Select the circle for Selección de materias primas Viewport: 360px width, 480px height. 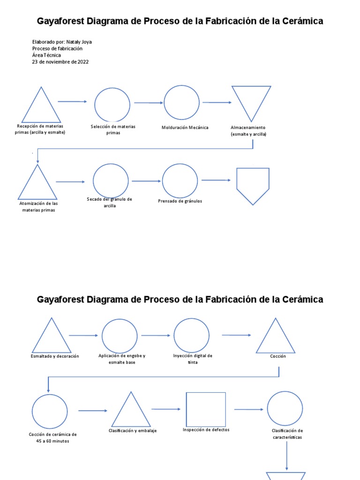[x=95, y=105]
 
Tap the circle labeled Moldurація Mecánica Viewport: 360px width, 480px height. [x=164, y=103]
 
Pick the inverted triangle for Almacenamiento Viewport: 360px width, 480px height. [x=241, y=104]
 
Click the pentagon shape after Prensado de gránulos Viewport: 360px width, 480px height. [x=237, y=179]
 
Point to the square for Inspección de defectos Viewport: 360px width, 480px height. [x=187, y=409]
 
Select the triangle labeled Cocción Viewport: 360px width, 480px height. [x=266, y=336]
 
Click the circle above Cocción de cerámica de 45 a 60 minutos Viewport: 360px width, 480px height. [x=32, y=412]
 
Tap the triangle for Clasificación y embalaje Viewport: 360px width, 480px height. [x=121, y=409]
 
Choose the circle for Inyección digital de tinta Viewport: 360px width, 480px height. [x=174, y=336]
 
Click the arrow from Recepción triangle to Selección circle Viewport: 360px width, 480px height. [x=72, y=101]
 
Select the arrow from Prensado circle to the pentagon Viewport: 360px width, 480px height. [x=216, y=180]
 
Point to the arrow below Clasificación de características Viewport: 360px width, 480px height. [x=286, y=456]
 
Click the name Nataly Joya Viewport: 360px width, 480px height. [x=79, y=42]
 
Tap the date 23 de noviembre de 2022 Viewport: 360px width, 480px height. [x=60, y=62]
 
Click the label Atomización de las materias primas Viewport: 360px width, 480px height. [x=38, y=207]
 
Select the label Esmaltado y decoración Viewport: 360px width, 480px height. [x=55, y=356]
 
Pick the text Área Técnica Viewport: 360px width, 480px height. [x=46, y=55]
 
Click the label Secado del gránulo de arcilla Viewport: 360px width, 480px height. [x=109, y=202]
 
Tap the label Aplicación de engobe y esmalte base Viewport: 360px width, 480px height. [x=122, y=359]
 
